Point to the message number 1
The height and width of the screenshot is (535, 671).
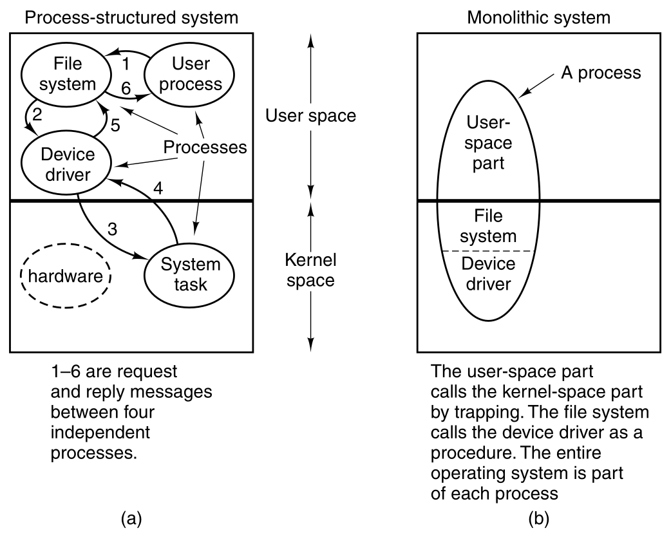[126, 64]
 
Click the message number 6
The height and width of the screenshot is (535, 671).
[126, 92]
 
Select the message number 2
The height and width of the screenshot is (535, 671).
[37, 116]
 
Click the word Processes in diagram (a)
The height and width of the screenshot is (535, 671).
[205, 147]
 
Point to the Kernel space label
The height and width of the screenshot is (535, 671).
[312, 271]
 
